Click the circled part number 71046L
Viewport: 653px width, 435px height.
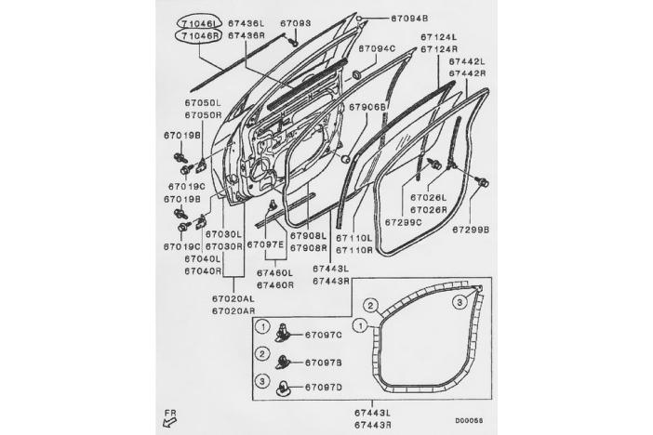click(x=199, y=23)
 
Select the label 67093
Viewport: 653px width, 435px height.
click(x=295, y=23)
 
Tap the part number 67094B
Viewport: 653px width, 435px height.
click(x=409, y=19)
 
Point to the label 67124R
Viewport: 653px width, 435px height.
click(x=439, y=49)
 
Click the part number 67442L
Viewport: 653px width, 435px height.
click(x=467, y=61)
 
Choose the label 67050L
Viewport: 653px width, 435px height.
click(x=203, y=103)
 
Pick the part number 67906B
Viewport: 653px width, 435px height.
click(x=367, y=107)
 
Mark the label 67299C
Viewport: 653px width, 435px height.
click(x=403, y=222)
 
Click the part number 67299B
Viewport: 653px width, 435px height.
click(x=471, y=230)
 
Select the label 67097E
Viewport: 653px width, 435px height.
click(x=265, y=244)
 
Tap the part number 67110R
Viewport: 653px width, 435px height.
click(x=354, y=250)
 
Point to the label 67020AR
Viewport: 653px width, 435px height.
click(x=233, y=311)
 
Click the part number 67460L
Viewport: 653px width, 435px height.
click(x=274, y=273)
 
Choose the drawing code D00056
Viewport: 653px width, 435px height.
click(x=469, y=421)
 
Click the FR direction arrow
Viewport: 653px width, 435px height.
click(x=170, y=423)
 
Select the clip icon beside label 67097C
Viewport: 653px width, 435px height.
click(x=283, y=333)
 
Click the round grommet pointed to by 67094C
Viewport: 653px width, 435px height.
click(x=357, y=75)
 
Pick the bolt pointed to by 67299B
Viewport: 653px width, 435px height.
click(x=482, y=181)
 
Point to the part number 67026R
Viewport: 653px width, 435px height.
click(x=428, y=210)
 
